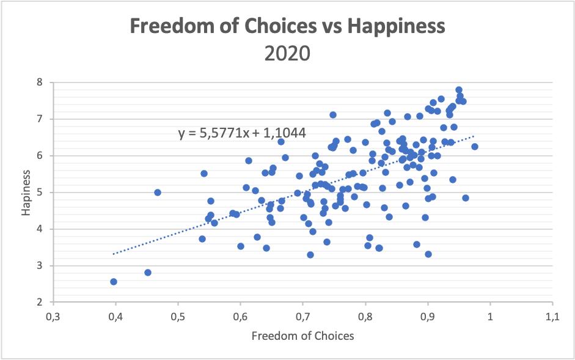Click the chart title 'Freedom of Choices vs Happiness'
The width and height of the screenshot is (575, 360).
[x=287, y=27]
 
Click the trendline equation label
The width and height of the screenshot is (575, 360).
[x=242, y=133]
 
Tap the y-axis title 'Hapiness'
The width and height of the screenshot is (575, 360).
[x=25, y=192]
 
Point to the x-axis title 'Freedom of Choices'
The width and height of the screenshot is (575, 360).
[x=302, y=335]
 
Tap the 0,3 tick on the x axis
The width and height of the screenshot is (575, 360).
[x=53, y=317]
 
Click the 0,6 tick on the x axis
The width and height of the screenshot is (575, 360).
[x=240, y=317]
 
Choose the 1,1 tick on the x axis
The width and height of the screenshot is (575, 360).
[x=552, y=317]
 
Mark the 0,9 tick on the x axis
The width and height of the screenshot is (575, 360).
[x=428, y=317]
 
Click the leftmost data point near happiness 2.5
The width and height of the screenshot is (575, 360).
[x=114, y=282]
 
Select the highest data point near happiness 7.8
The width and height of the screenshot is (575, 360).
[x=459, y=90]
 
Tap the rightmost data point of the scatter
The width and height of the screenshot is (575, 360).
[x=474, y=147]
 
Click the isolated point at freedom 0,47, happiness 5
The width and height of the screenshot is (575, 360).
[x=158, y=193]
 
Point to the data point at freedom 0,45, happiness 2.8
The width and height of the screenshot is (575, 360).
[x=148, y=273]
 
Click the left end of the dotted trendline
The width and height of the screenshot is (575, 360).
[x=114, y=254]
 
